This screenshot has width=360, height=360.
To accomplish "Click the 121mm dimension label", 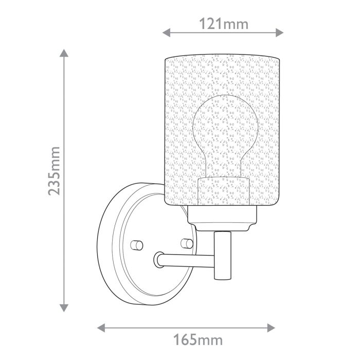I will [x=223, y=23].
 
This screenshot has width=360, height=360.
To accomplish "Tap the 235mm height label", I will [x=55, y=170].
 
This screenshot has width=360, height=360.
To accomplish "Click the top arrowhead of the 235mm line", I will [x=64, y=53].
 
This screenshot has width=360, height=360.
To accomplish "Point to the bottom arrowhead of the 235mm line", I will [x=64, y=308].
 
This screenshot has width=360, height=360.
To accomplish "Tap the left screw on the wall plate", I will [x=136, y=244].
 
